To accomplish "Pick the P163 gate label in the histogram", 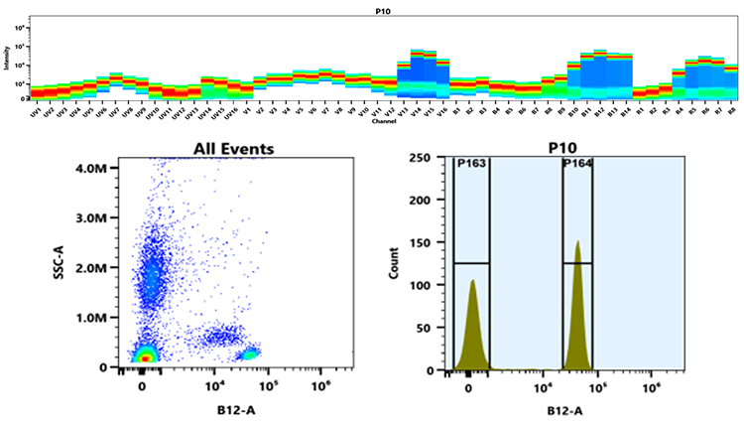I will (471, 164).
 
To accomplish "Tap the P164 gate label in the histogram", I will (577, 164).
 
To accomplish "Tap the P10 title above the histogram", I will (561, 149).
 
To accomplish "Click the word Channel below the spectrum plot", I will (383, 122).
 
